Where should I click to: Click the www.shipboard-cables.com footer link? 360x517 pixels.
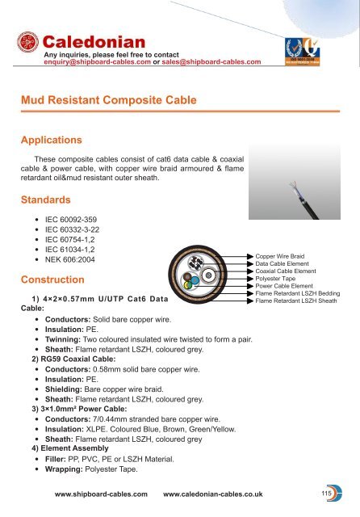pos(100,492)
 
